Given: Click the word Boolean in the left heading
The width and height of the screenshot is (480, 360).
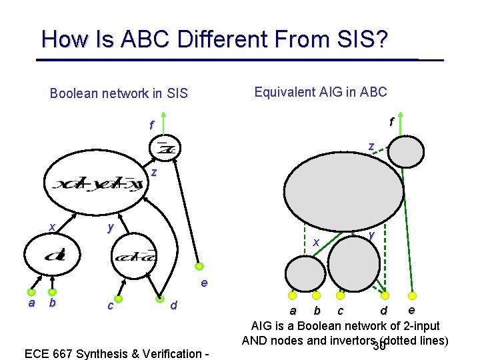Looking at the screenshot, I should tap(75, 93).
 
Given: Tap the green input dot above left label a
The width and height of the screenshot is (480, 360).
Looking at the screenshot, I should tap(31, 291).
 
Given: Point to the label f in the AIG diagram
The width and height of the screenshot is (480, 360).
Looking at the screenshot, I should tap(392, 121).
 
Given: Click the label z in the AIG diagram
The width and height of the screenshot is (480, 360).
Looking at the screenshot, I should tap(371, 146).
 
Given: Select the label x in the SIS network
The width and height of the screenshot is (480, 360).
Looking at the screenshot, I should tap(52, 227).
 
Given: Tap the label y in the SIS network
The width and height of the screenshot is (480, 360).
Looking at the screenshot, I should tap(111, 227).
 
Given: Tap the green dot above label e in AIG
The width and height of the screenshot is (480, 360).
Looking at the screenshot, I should tap(412, 295).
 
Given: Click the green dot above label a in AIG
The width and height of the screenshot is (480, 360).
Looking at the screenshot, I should tap(291, 295).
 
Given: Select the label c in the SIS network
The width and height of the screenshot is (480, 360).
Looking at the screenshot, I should tap(109, 306).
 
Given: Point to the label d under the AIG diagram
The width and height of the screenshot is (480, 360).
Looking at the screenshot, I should tap(383, 311).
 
